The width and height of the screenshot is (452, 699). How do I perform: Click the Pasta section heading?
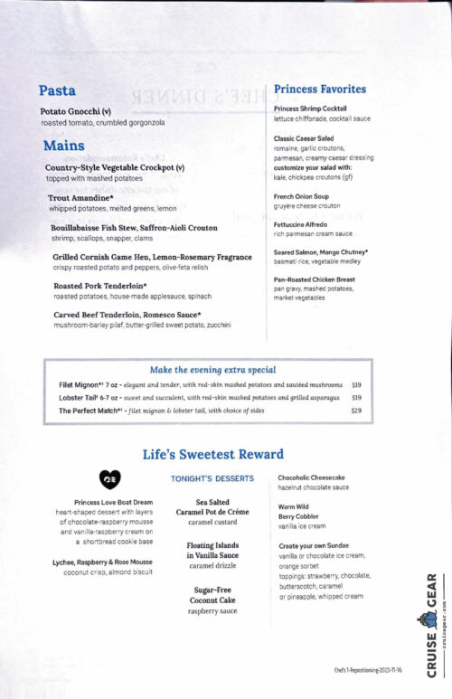[57, 90]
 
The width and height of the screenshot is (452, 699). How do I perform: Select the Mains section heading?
[63, 146]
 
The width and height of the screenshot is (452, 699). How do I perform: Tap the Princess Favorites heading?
[320, 89]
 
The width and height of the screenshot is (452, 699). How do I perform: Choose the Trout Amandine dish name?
[80, 197]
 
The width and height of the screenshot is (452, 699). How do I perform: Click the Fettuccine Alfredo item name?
[305, 225]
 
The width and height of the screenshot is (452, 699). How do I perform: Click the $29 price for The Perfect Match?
[356, 411]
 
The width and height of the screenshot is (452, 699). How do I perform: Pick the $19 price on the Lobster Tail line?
[356, 397]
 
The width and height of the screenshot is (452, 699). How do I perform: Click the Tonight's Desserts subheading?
[212, 478]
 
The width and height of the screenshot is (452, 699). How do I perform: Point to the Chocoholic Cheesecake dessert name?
[311, 477]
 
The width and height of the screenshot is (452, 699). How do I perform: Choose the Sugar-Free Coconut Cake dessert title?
[212, 593]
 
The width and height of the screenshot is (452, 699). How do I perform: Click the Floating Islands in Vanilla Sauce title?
[212, 550]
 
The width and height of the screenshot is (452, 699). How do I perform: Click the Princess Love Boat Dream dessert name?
[113, 502]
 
